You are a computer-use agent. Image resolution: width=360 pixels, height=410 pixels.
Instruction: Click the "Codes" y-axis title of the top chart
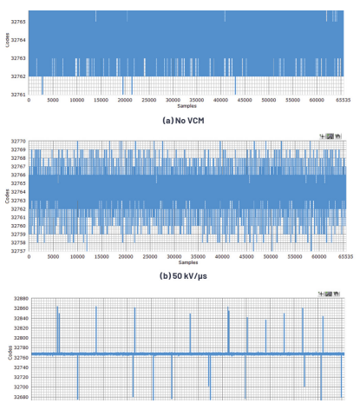point(6,39)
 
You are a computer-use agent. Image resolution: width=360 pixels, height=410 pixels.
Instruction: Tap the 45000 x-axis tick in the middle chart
point(245,258)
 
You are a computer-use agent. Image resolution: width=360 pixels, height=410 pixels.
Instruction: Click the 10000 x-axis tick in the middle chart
point(78,258)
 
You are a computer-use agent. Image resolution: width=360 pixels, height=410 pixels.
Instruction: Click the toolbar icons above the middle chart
point(331,136)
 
